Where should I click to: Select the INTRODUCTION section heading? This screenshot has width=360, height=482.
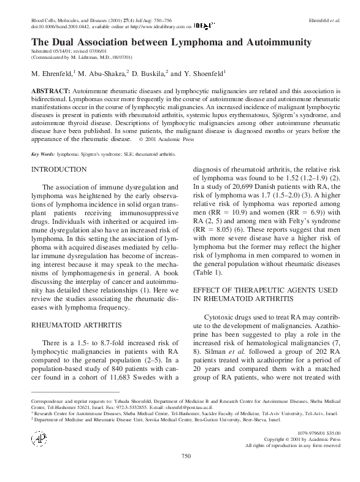click(x=59, y=169)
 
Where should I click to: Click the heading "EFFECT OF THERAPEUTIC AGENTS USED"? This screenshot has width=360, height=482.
click(x=265, y=288)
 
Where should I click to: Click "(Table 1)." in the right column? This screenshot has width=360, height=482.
click(x=209, y=272)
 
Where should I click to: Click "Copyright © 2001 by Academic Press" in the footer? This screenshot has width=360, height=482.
click(x=302, y=439)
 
